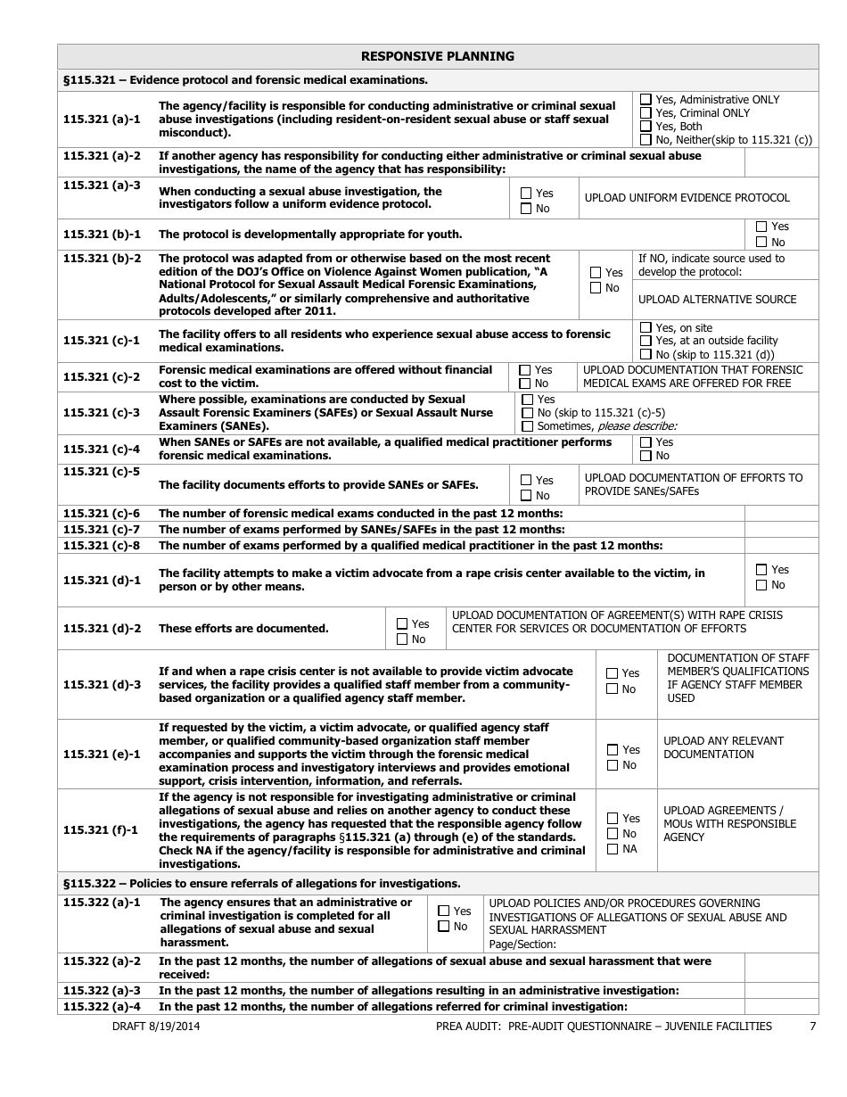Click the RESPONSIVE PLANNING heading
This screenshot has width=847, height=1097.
click(x=437, y=56)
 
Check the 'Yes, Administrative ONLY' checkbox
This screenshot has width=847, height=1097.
click(x=646, y=100)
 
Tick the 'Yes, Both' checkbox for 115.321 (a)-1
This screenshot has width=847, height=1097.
click(x=646, y=127)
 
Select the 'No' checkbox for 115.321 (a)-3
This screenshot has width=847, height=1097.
click(x=526, y=209)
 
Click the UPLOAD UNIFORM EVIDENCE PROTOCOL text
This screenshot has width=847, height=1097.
click(x=687, y=198)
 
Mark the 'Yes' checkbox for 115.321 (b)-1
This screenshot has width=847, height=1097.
click(x=761, y=227)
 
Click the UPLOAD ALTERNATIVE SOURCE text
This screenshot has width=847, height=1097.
click(x=717, y=300)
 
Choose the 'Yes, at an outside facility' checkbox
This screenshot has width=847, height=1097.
click(x=646, y=341)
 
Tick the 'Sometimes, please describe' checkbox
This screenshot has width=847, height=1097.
click(x=528, y=426)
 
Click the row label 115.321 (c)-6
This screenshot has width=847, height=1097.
click(x=102, y=513)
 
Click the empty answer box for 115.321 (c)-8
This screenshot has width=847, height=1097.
click(x=780, y=545)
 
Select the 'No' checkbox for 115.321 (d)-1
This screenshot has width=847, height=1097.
click(x=761, y=585)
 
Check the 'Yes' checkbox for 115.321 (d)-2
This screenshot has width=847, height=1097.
click(x=402, y=624)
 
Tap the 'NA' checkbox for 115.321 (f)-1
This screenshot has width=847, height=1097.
click(x=613, y=849)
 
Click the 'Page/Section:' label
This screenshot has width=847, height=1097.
click(x=522, y=944)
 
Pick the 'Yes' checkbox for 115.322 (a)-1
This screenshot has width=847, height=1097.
click(x=444, y=911)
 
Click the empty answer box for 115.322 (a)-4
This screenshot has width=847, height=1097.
click(x=780, y=1007)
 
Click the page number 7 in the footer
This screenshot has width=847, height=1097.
click(x=812, y=1027)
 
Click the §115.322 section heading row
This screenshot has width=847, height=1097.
click(x=262, y=884)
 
